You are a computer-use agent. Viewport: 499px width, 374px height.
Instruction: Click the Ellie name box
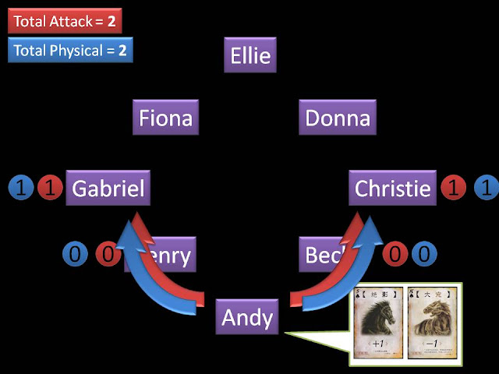pos(250,56)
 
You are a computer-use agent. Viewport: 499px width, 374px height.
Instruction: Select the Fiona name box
pos(165,118)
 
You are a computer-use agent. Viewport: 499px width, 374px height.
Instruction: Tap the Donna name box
pos(337,118)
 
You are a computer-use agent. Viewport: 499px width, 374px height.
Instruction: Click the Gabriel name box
pos(107,189)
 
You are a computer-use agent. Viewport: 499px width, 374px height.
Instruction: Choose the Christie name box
pos(392,189)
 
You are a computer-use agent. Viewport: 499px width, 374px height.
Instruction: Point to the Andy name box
pos(247,317)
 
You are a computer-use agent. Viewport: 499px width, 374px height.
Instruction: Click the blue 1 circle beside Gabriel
pos(21,188)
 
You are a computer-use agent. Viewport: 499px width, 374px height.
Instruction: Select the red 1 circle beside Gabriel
pos(50,188)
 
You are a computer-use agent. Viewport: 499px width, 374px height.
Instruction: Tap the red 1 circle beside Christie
pos(454,188)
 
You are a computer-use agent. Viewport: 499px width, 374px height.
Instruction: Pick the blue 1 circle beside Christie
pos(487,188)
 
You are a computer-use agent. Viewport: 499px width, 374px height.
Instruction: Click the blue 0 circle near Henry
pos(74,254)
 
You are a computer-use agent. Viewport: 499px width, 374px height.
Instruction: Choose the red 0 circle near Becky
pos(396,254)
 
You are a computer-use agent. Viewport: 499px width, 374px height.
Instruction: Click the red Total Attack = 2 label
pos(65,21)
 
